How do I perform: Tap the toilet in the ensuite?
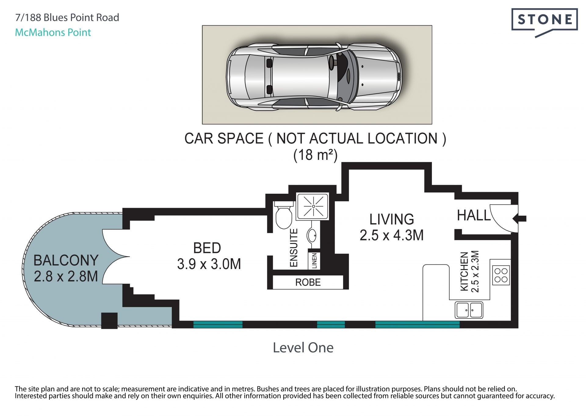pyautogui.click(x=284, y=215)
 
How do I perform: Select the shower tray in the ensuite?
pyautogui.click(x=313, y=207)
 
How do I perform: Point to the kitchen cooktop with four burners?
pyautogui.click(x=501, y=275)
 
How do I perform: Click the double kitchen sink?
pyautogui.click(x=469, y=310)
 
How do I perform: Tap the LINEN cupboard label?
pyautogui.click(x=314, y=261)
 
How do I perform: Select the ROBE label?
pyautogui.click(x=308, y=282)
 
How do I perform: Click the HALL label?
pyautogui.click(x=474, y=215)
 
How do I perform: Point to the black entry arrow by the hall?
pyautogui.click(x=519, y=218)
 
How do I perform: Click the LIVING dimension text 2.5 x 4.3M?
pyautogui.click(x=392, y=235)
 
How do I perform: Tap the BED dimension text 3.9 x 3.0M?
pyautogui.click(x=209, y=264)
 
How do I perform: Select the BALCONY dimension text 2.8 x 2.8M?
pyautogui.click(x=66, y=276)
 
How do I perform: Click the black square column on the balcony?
pyautogui.click(x=109, y=321)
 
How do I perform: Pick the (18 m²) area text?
pyautogui.click(x=315, y=155)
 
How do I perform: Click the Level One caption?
pyautogui.click(x=303, y=348)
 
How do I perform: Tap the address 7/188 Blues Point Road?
pyautogui.click(x=67, y=18)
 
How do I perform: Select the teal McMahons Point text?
pyautogui.click(x=53, y=32)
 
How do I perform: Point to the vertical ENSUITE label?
pyautogui.click(x=293, y=248)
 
